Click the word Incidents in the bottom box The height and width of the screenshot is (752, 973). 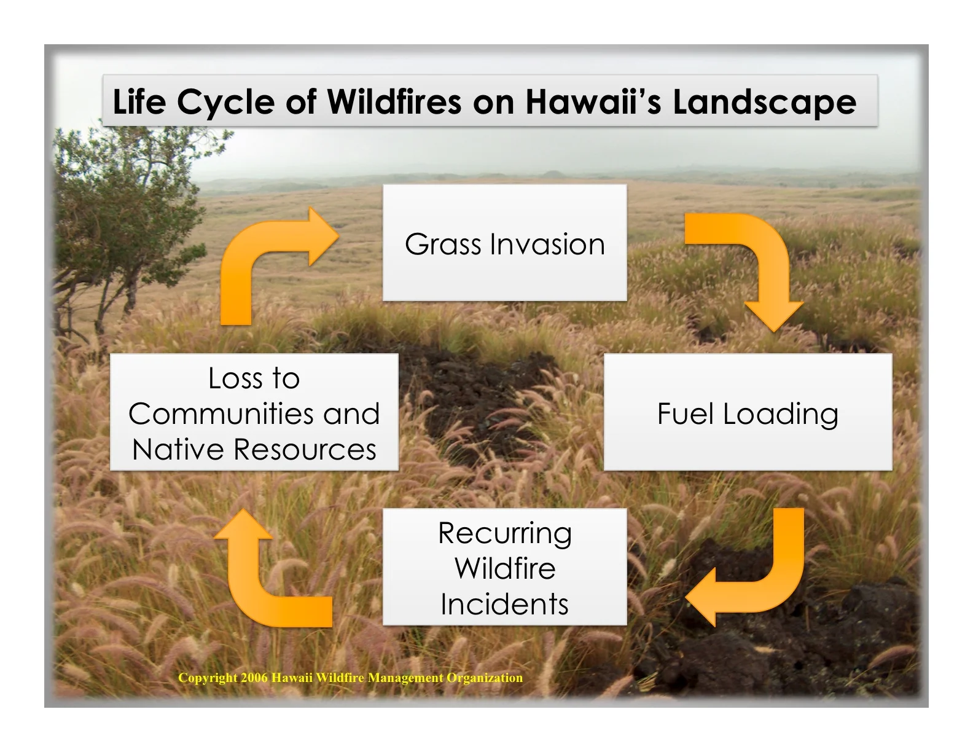(504, 604)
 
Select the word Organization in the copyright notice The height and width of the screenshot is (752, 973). (485, 678)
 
